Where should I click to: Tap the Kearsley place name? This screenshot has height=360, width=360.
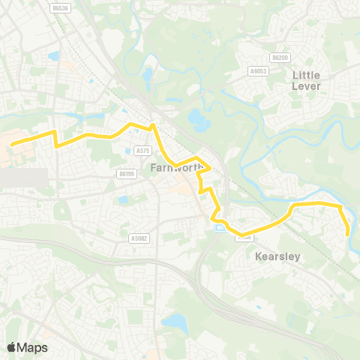pos(277,256)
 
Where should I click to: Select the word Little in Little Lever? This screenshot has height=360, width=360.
pos(306,75)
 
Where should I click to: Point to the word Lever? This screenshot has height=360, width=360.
pos(306,85)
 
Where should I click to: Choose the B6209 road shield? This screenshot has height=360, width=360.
pos(280,57)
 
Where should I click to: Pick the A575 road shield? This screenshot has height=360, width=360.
pos(142,151)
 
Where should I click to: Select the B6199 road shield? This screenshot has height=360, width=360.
pos(126,173)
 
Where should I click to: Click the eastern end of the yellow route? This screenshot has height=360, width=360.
pos(349,235)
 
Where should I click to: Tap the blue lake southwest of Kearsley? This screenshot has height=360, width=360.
pos(174,322)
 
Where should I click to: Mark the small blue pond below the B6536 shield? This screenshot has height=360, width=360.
pos(53,56)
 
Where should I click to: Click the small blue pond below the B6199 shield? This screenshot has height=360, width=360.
pos(123,200)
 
